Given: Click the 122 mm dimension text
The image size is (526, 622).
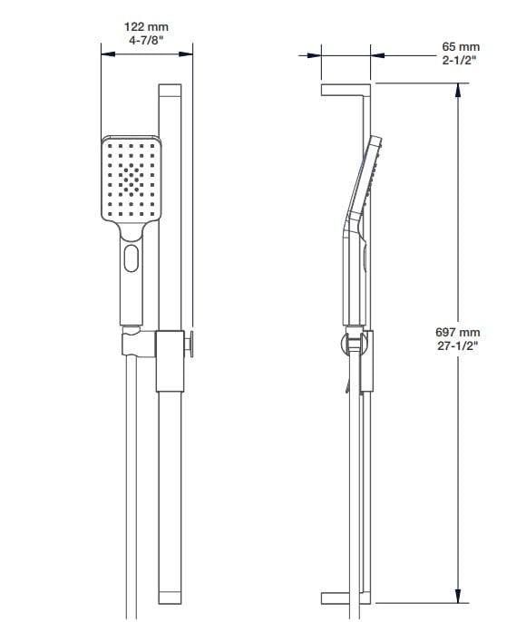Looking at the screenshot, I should pyautogui.click(x=145, y=27).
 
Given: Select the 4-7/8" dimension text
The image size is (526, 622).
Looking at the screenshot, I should pyautogui.click(x=145, y=41).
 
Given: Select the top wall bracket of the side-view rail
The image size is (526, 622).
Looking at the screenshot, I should pyautogui.click(x=346, y=88).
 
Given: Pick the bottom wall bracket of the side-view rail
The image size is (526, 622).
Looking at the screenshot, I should pyautogui.click(x=346, y=598).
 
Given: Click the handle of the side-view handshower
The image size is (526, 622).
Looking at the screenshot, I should pyautogui.click(x=354, y=272).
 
